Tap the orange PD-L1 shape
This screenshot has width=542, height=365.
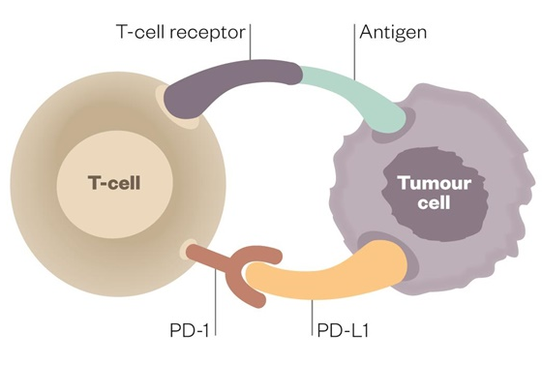pyautogui.click(x=329, y=279)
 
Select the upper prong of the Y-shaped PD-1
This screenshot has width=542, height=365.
pyautogui.click(x=261, y=256)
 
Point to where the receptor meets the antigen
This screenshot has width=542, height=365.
pyautogui.click(x=302, y=71)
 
